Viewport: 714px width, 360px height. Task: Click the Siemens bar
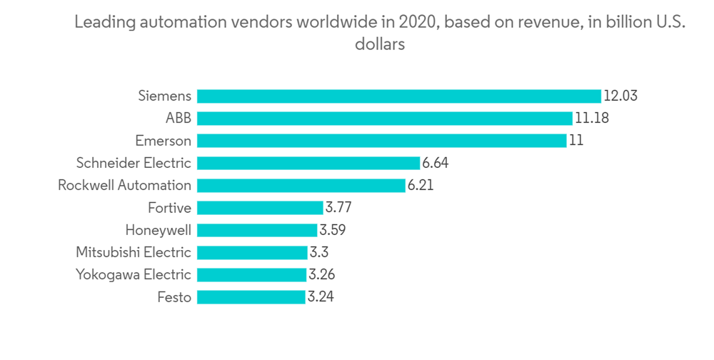pyautogui.click(x=398, y=96)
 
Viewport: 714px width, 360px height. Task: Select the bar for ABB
pyautogui.click(x=384, y=119)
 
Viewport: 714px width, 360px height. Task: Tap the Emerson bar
pyautogui.click(x=381, y=141)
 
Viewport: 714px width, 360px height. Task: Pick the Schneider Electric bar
pyautogui.click(x=308, y=163)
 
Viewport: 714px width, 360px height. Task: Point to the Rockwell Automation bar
pyautogui.click(x=301, y=186)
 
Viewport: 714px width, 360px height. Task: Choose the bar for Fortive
pyautogui.click(x=260, y=208)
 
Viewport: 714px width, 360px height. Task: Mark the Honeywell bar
pyautogui.click(x=256, y=230)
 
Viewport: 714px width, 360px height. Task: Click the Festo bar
pyautogui.click(x=251, y=297)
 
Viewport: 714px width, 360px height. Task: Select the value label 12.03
pyautogui.click(x=620, y=96)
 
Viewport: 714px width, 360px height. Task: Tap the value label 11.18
pyautogui.click(x=591, y=119)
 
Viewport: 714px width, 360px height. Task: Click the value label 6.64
pyautogui.click(x=435, y=163)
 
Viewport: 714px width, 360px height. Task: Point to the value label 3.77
pyautogui.click(x=338, y=208)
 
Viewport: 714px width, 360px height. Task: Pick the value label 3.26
pyautogui.click(x=321, y=275)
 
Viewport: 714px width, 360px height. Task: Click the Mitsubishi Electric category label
pyautogui.click(x=134, y=252)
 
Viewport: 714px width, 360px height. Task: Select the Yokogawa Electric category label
pyautogui.click(x=134, y=275)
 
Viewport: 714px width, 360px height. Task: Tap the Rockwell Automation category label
pyautogui.click(x=124, y=186)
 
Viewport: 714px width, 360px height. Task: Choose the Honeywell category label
pyautogui.click(x=158, y=230)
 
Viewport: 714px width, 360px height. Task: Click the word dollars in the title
pyautogui.click(x=380, y=44)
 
